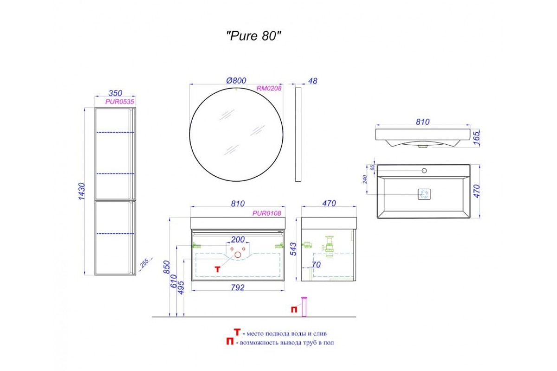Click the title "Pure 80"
coord(253,36)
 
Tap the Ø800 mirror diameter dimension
coord(236,81)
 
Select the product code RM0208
coord(269,88)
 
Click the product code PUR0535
coord(120,102)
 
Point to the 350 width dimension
coord(116,93)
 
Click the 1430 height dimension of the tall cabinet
coord(82,191)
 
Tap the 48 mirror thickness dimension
coord(312,81)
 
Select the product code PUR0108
coord(267,213)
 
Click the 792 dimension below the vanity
coord(238,288)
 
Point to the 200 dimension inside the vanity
coord(238,240)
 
